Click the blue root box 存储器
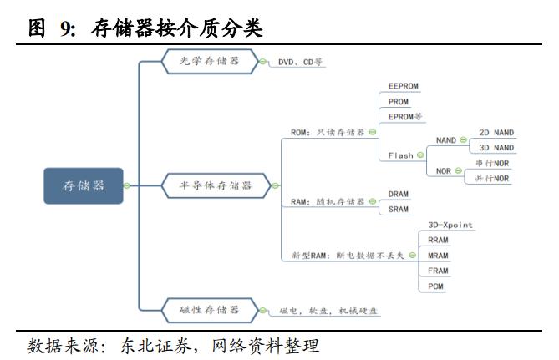point(83,185)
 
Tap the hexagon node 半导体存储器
point(216,185)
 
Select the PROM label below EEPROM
point(399,101)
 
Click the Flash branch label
point(401,155)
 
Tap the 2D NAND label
point(496,133)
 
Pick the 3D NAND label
point(496,148)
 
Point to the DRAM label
point(399,194)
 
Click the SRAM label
point(399,209)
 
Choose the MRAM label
point(438,256)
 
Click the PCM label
point(435,286)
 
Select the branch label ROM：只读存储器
point(328,132)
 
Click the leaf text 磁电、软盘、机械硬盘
point(323,311)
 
